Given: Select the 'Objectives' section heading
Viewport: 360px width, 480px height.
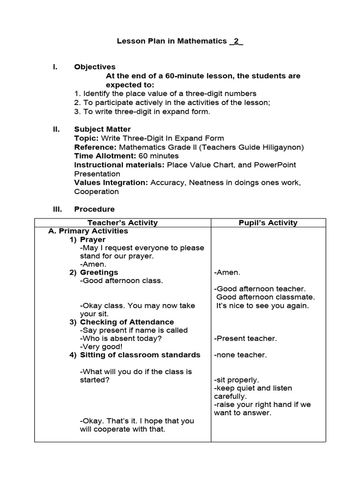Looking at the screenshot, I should coord(95,67).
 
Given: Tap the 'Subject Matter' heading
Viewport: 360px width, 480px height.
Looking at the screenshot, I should coord(102,129).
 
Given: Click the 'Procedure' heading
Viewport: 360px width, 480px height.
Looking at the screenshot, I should coord(94,209).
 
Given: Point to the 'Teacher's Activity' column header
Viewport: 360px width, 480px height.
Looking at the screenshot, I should coord(122,223).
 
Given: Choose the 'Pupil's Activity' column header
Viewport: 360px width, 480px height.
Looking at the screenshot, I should coord(268,223).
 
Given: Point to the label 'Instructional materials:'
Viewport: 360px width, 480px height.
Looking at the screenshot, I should coord(120,165).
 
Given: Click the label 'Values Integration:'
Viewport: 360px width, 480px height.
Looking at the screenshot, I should coord(112,183).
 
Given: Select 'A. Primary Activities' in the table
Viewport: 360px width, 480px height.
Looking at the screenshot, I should coord(88,231).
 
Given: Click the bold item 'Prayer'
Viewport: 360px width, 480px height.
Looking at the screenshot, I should coord(93,240).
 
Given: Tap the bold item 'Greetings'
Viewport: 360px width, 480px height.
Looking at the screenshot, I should coord(99,272).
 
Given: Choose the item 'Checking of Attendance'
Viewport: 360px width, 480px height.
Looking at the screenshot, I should coord(127,322).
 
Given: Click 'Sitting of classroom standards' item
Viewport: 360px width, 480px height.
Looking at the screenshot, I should coord(140,355).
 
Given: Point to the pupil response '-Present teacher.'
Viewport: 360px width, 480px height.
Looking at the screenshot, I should coord(245,338).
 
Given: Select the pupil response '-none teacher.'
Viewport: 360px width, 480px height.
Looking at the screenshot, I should coord(240,355).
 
